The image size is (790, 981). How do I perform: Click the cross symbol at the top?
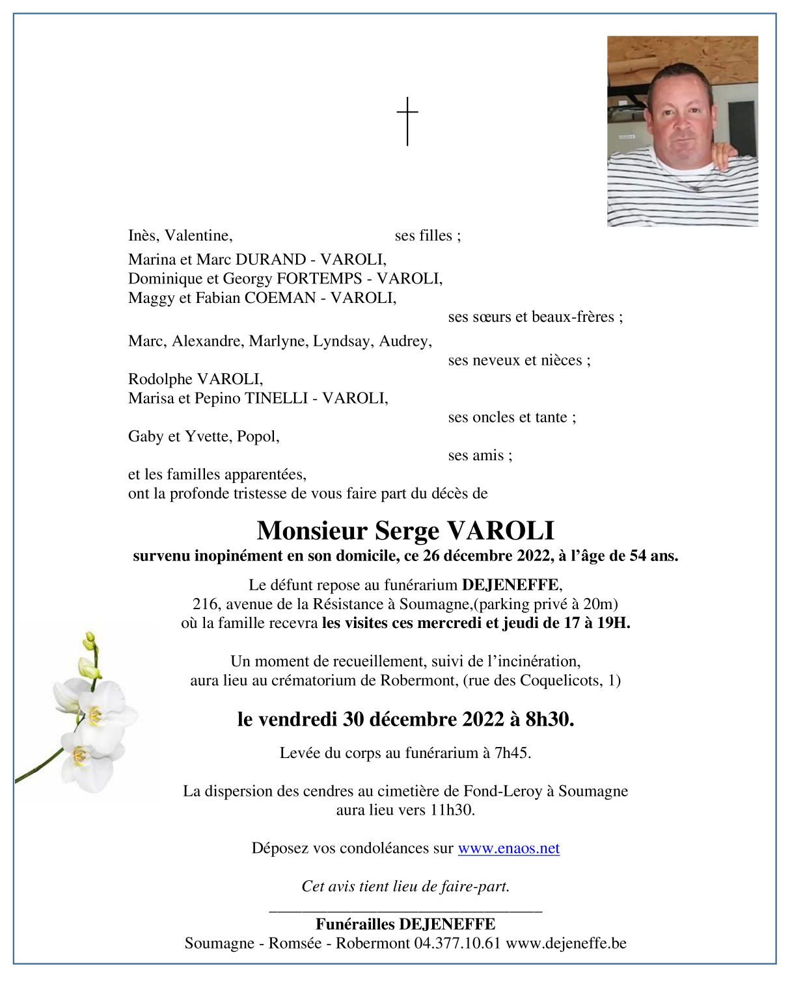(407, 121)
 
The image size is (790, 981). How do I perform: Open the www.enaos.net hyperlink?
(508, 848)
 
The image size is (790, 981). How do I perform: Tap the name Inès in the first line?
(143, 235)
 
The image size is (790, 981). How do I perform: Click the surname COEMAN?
(280, 298)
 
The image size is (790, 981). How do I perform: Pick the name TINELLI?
(275, 398)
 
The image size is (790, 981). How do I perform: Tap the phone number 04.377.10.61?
(457, 943)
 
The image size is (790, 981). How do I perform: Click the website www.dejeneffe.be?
(566, 943)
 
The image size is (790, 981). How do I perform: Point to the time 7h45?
(512, 753)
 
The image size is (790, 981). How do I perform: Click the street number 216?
(206, 604)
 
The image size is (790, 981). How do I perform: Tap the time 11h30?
(452, 810)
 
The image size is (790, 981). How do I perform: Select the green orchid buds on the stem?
(89, 657)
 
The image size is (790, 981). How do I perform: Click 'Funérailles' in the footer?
(355, 924)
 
